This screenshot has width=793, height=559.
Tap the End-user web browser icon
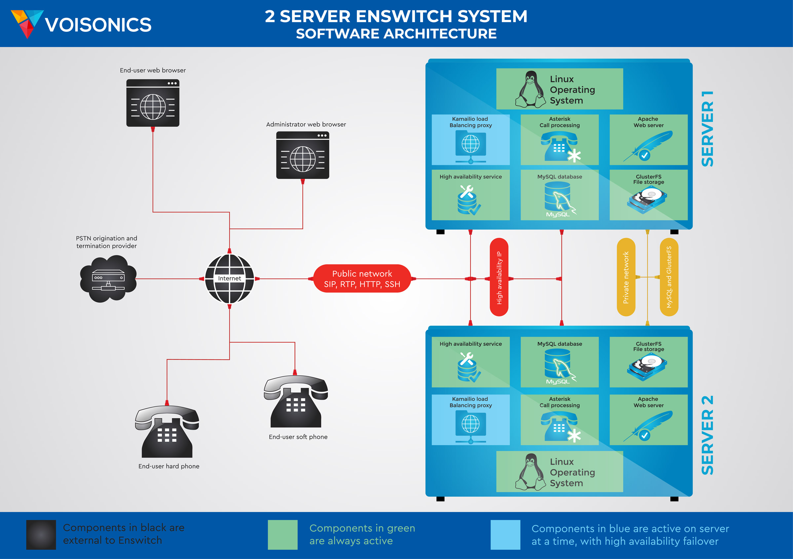pos(153,103)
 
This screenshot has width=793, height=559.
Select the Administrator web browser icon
pos(303,155)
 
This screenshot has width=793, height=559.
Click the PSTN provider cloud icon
pos(108,279)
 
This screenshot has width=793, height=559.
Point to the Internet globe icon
pos(229,279)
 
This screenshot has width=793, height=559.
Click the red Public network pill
pos(362,279)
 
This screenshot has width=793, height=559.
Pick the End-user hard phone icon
pos(167,432)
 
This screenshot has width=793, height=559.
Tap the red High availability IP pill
pos(499,277)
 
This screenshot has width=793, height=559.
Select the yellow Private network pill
pos(626,277)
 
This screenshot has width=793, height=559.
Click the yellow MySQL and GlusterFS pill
pos(669,277)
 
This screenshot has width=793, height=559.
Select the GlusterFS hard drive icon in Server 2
pos(647,367)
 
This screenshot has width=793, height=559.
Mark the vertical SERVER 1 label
pos(707,129)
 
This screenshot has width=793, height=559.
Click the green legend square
pos(283,535)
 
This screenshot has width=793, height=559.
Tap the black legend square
pos(41,535)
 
